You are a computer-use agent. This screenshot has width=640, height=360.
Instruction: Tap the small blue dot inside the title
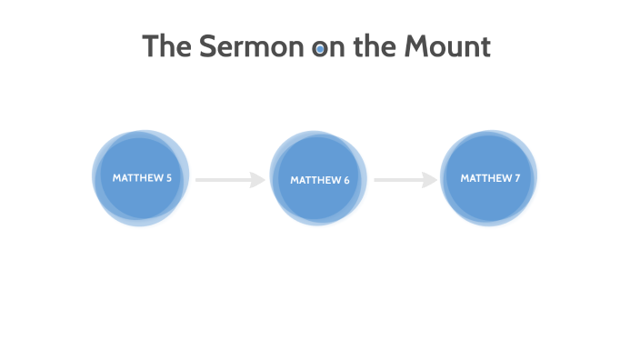click(x=320, y=49)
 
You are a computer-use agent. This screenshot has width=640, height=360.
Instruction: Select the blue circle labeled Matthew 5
click(x=141, y=178)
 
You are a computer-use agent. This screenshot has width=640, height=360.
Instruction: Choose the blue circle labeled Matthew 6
click(x=318, y=179)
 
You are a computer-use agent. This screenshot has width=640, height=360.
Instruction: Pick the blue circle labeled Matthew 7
click(x=489, y=178)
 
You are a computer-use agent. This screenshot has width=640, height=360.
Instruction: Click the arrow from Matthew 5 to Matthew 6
click(x=229, y=180)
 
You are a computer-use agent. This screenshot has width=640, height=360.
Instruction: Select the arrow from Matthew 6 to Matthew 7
click(x=405, y=180)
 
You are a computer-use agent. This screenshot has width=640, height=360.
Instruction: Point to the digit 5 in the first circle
click(x=169, y=178)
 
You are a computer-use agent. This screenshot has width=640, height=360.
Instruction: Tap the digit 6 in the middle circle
click(x=346, y=180)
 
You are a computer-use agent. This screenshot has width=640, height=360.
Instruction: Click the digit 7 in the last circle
click(x=517, y=178)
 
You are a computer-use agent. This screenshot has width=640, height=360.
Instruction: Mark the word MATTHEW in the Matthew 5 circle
click(x=137, y=178)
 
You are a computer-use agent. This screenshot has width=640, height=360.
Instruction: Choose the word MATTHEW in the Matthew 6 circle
click(x=315, y=180)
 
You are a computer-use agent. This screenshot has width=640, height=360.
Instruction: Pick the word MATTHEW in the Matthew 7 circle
click(x=485, y=178)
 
